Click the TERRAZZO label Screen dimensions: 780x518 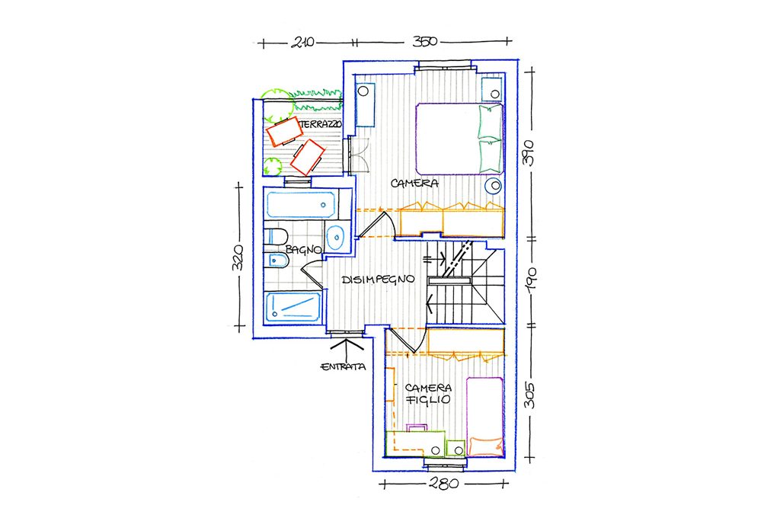pos(321,124)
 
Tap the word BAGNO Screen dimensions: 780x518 pos(303,250)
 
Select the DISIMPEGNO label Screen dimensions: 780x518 pos(378,279)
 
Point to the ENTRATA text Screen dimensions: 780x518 pos(344,367)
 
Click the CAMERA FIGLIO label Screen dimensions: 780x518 pos(428,394)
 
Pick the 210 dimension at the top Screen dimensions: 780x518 pos(302,43)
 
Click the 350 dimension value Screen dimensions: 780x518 pos(424,41)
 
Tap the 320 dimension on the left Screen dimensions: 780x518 pos(238,257)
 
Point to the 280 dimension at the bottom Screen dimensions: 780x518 pos(444,483)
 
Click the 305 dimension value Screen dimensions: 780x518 pos(530,395)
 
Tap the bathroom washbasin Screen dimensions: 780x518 pos(336,236)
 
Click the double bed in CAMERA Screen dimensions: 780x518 pos(459,139)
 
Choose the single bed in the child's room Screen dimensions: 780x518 pos(484,417)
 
